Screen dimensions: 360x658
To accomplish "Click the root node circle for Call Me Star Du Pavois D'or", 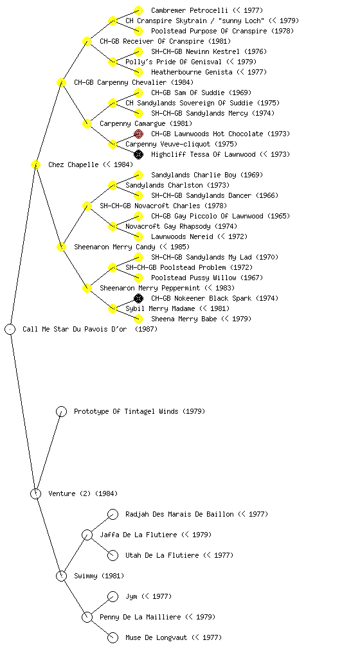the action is tap(10, 329).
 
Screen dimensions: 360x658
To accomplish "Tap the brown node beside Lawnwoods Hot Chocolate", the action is tap(138, 134).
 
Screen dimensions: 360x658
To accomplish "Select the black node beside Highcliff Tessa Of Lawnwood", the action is tap(138, 154).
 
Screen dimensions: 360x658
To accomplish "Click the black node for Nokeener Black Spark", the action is tap(138, 298).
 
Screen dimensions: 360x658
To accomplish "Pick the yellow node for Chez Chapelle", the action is tap(35, 164).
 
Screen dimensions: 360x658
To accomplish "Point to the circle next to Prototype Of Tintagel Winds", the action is tap(61, 411).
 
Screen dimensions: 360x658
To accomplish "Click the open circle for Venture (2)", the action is tap(35, 493).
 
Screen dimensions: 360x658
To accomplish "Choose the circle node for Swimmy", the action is tap(61, 576).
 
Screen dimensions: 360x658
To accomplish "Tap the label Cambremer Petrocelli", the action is tap(190, 10).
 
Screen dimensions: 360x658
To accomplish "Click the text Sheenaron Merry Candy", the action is tap(114, 247).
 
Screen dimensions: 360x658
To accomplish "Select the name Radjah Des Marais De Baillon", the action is tap(179, 514).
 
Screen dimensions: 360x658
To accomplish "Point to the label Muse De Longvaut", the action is tap(156, 637).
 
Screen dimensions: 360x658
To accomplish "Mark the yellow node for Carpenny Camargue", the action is tap(87, 123).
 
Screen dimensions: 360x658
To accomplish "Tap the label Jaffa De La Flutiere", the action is tap(138, 535).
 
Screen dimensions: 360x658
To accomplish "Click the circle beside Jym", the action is tap(113, 596).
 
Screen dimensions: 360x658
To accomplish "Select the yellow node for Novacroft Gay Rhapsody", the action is tap(113, 226).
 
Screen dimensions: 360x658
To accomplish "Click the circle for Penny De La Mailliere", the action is tap(87, 617).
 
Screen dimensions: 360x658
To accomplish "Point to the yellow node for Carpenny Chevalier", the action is tap(61, 82).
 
